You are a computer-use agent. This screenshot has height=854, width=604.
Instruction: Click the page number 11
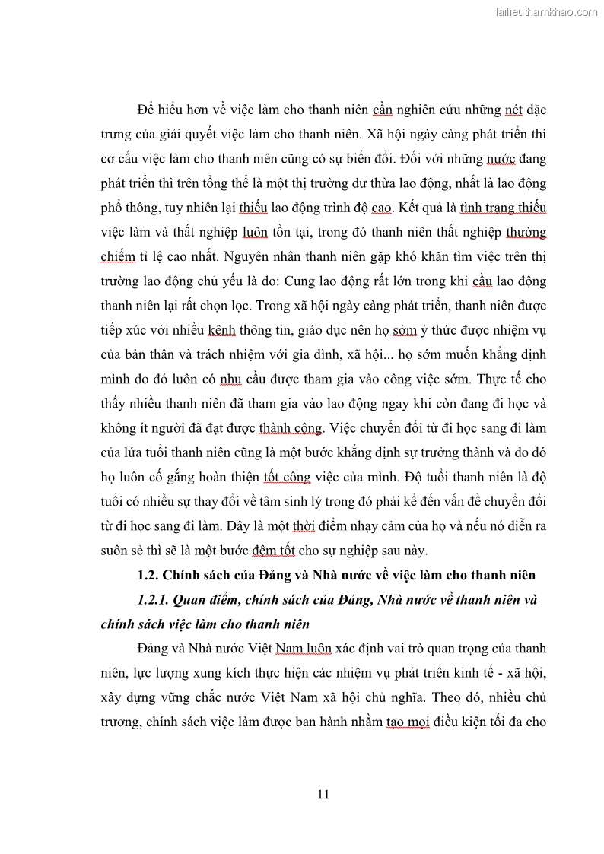click(323, 795)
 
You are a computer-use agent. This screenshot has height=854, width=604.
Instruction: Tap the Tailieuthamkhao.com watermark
click(545, 11)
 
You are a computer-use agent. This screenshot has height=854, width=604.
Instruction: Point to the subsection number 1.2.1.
click(154, 599)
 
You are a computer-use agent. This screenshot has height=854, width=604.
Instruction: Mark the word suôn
click(115, 551)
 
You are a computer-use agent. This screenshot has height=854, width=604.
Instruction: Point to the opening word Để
click(146, 110)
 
